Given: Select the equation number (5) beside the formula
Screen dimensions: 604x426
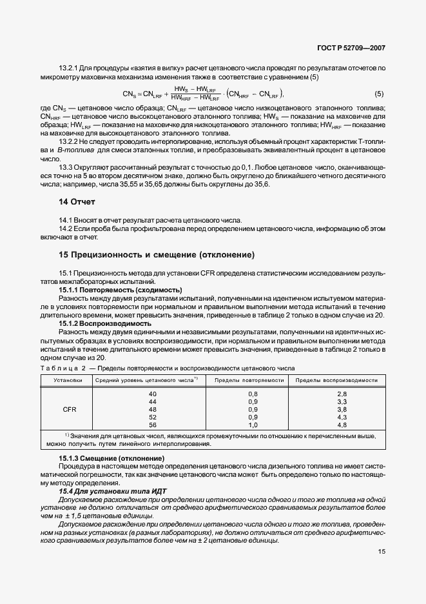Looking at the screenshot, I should click(x=379, y=94).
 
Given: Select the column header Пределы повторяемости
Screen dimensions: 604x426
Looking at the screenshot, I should click(x=249, y=380).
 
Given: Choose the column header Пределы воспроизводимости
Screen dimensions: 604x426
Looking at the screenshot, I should click(x=336, y=380).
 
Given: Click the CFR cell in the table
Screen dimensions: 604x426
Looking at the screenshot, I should click(x=69, y=409).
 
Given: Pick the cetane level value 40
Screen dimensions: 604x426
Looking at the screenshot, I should click(x=153, y=394).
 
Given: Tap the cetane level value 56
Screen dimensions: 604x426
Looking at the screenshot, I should click(x=153, y=425).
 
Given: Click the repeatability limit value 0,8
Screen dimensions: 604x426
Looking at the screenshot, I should click(x=253, y=394).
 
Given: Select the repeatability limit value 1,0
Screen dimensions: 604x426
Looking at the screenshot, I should click(x=253, y=425).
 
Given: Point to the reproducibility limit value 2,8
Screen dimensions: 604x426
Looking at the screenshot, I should click(x=342, y=394).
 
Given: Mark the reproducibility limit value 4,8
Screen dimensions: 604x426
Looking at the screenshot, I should click(x=342, y=425).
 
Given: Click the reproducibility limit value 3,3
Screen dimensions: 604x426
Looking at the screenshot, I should click(x=342, y=401).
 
